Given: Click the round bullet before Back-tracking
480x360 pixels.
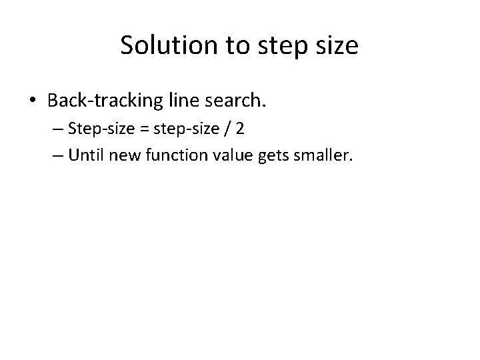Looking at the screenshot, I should tap(33, 101).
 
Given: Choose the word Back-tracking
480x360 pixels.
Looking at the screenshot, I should tap(103, 101).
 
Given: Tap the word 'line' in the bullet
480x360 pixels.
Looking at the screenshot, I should tap(182, 101).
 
